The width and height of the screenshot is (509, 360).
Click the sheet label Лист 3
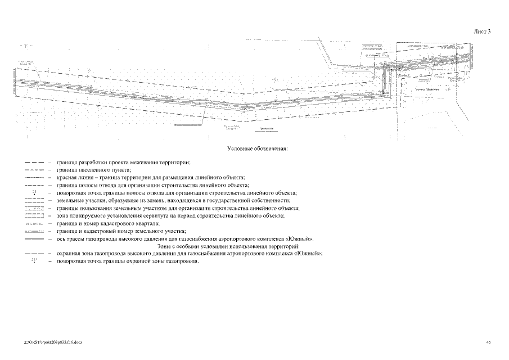(482, 31)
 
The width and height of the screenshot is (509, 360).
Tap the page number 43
(489, 342)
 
